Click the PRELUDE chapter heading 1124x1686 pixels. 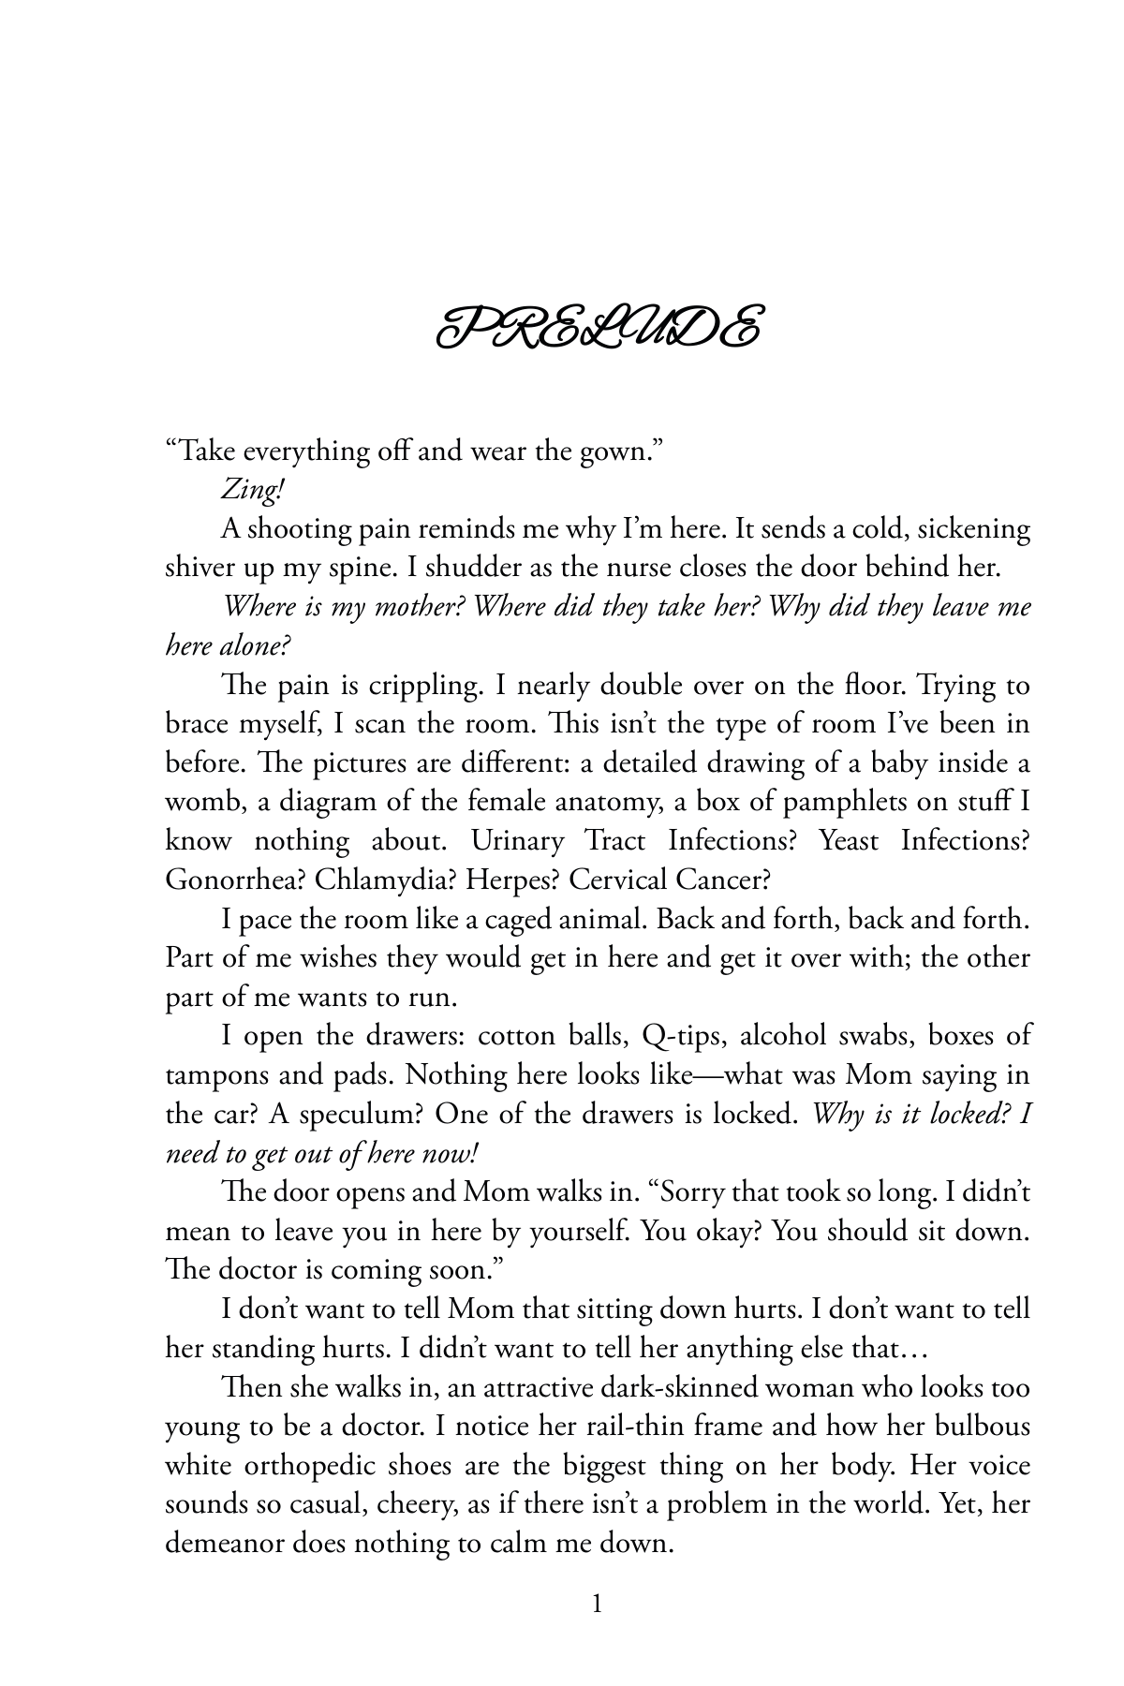click(598, 327)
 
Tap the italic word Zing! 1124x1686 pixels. click(252, 490)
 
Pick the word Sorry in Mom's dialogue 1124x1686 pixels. click(694, 1192)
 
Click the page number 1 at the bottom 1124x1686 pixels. click(598, 1605)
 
